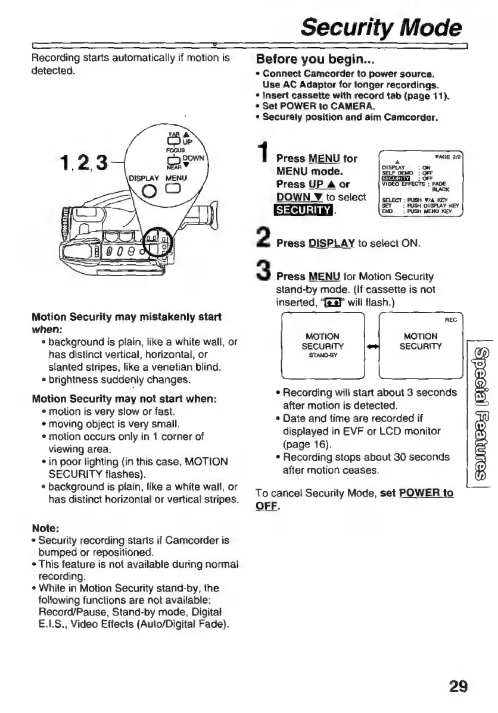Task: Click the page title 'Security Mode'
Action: pos(381,27)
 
